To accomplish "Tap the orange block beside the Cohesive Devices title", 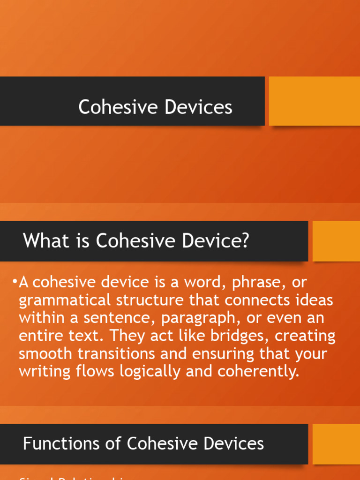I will coord(315,101).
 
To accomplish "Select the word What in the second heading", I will coord(43,241).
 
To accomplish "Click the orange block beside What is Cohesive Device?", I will coord(336,241).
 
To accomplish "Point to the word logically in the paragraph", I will coord(142,371).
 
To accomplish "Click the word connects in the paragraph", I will coord(252,300).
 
